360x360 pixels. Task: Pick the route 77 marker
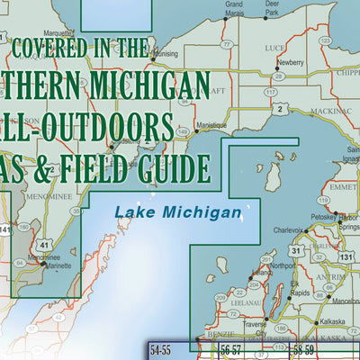coord(228,43)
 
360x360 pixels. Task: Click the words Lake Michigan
coord(178,213)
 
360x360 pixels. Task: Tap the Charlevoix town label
coord(288,229)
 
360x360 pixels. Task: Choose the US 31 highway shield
coord(296,252)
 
